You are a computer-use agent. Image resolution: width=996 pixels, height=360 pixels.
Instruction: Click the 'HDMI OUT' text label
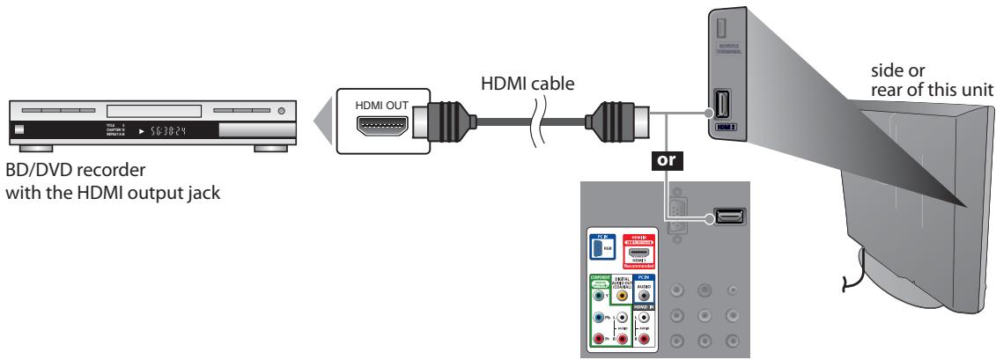click(382, 104)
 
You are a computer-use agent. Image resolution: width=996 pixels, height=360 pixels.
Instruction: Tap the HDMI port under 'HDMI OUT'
click(382, 128)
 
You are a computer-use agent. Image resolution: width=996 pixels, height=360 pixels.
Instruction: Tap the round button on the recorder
click(281, 112)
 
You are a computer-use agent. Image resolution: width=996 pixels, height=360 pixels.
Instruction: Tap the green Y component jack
click(599, 297)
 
